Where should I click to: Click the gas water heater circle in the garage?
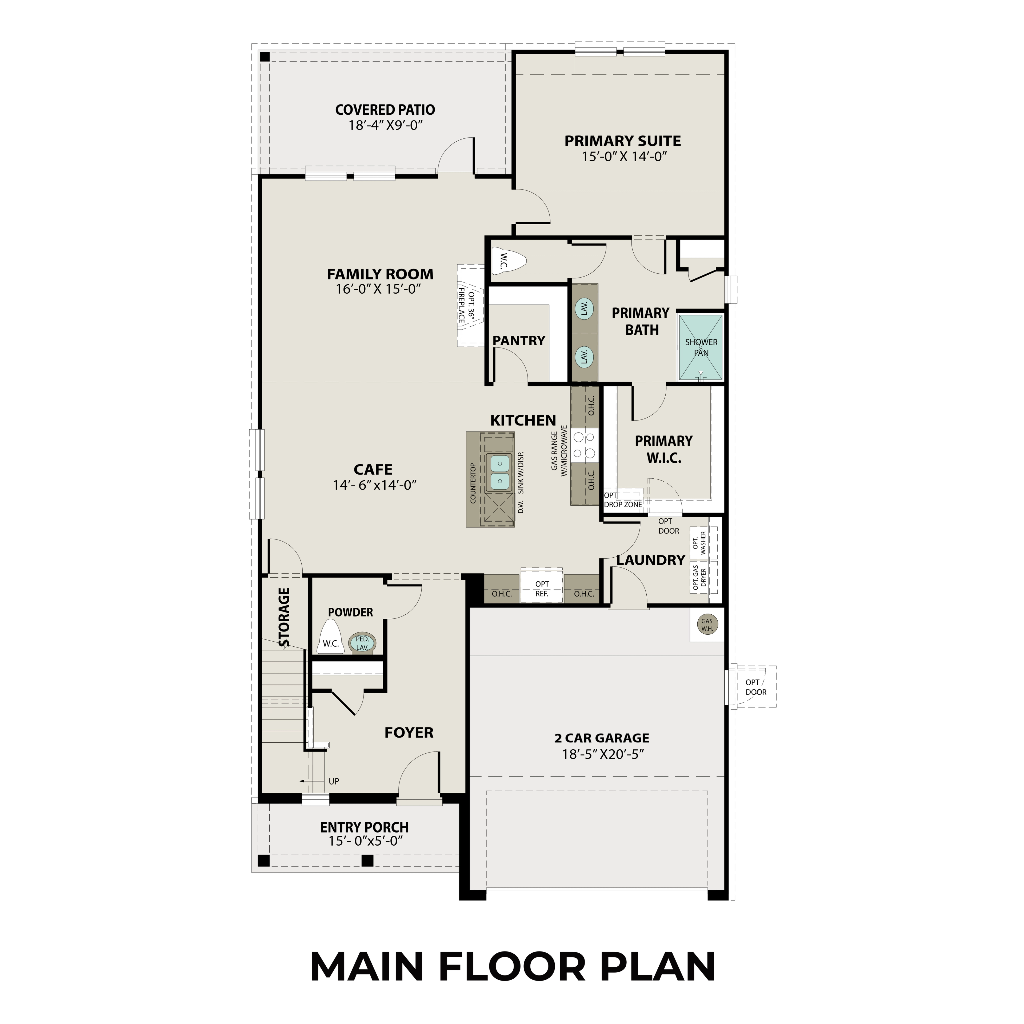tap(706, 624)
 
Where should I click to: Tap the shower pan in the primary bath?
tap(701, 348)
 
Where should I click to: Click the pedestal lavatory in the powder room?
tap(363, 643)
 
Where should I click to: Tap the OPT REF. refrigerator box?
tap(542, 588)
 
